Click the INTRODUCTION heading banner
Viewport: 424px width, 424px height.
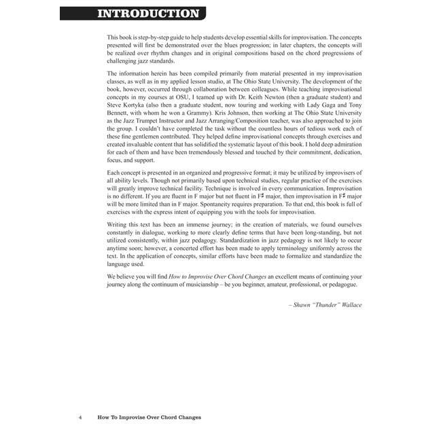tap(147, 13)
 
